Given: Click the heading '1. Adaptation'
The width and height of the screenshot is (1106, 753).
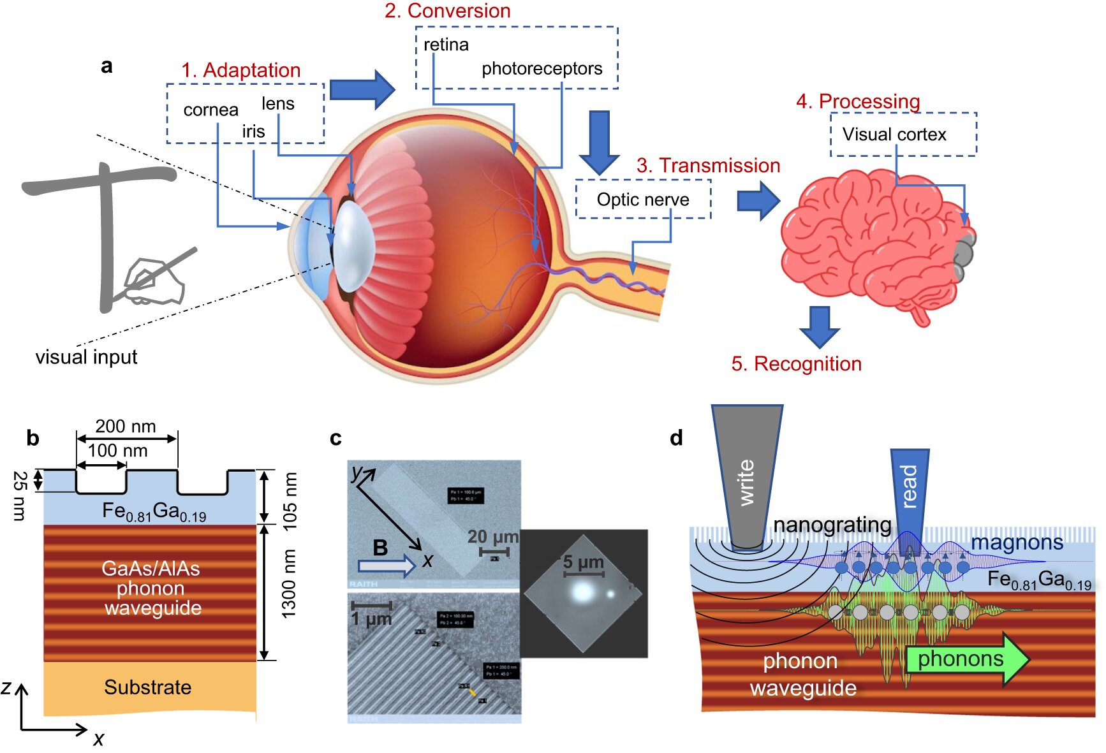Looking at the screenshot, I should (x=240, y=70).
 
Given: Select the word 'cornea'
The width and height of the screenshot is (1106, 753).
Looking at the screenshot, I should (x=210, y=110).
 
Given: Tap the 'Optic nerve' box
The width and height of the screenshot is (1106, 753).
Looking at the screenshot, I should (x=643, y=200).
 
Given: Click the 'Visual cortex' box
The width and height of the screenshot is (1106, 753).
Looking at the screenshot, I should (x=903, y=135).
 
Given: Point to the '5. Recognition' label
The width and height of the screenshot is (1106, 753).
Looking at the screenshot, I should (x=796, y=363).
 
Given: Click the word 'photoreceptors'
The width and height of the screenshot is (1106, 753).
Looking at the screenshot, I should (x=542, y=68).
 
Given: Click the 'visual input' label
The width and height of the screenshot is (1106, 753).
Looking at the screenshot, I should (x=86, y=357).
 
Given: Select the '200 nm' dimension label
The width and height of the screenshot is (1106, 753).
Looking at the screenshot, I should (x=126, y=426).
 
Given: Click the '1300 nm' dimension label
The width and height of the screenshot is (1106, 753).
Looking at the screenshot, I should (x=290, y=583).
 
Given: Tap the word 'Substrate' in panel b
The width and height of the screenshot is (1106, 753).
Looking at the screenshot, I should (x=148, y=687).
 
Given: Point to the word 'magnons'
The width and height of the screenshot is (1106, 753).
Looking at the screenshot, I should (x=1017, y=543).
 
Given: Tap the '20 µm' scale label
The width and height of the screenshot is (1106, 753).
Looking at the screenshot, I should (x=492, y=536).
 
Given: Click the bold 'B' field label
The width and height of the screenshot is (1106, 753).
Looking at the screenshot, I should (x=380, y=547).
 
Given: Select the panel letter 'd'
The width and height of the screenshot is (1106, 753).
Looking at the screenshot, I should (x=677, y=438).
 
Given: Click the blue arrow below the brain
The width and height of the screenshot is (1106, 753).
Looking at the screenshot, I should (x=819, y=326).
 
